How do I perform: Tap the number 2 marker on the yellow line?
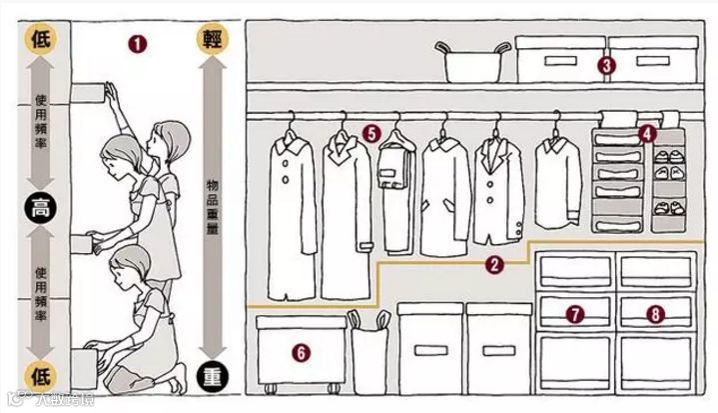pyautogui.click(x=492, y=265)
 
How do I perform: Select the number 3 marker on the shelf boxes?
pyautogui.click(x=603, y=66)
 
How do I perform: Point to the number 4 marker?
pyautogui.click(x=647, y=131)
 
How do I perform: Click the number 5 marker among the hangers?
pyautogui.click(x=370, y=131)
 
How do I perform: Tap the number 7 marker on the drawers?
pyautogui.click(x=574, y=314)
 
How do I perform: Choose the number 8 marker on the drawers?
pyautogui.click(x=654, y=314)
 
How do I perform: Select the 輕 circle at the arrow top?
pyautogui.click(x=213, y=39)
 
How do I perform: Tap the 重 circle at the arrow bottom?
pyautogui.click(x=213, y=377)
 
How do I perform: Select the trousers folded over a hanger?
pyautogui.click(x=396, y=170)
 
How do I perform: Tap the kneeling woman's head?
pyautogui.click(x=132, y=269)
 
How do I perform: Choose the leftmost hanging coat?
pyautogui.click(x=292, y=210)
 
